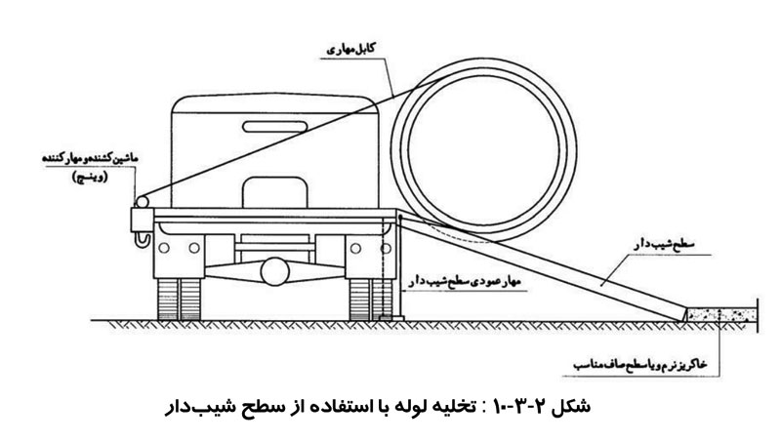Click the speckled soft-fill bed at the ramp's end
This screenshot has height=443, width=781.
tap(723, 314)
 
